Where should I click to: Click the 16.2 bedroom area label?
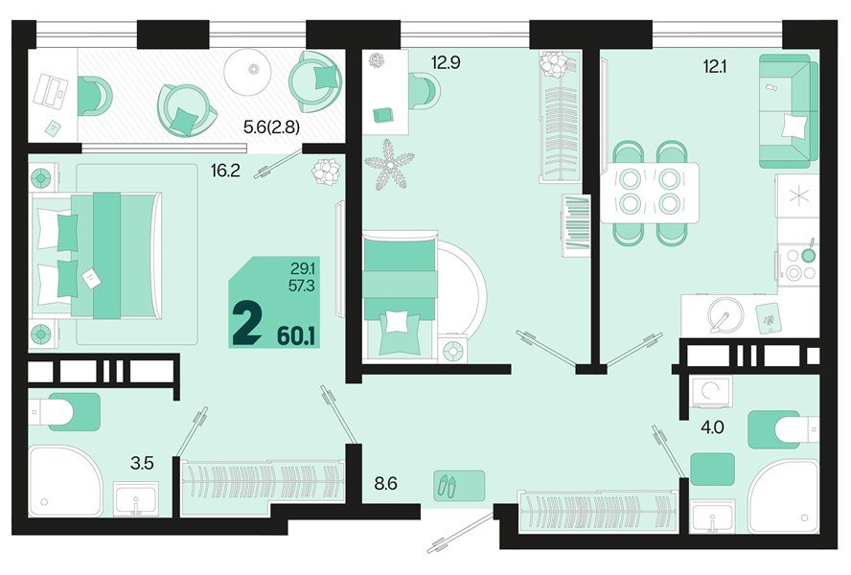[x=225, y=171]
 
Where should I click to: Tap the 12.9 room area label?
[x=446, y=62]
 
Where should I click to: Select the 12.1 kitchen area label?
[x=714, y=67]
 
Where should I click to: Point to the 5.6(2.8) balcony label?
[x=271, y=127]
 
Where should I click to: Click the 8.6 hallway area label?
[x=386, y=483]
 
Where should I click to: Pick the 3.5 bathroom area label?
[x=142, y=463]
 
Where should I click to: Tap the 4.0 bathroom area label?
[x=712, y=427]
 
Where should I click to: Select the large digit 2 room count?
[x=246, y=324]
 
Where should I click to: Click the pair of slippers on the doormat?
[x=448, y=485]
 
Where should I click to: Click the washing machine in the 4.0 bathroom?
[x=711, y=391]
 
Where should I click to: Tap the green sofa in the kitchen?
[x=788, y=111]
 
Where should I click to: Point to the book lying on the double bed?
[x=90, y=279]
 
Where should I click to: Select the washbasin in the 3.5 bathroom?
[x=136, y=498]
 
